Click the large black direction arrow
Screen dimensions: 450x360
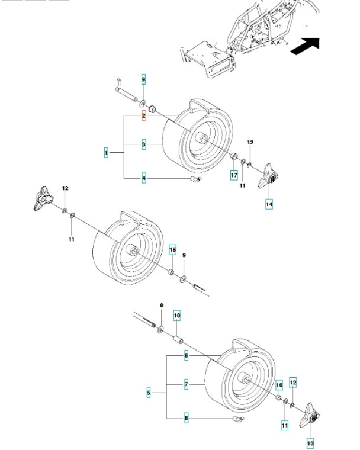pyautogui.click(x=306, y=46)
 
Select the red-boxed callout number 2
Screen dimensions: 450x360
pyautogui.click(x=143, y=116)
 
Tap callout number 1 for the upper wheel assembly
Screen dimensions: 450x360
pyautogui.click(x=106, y=153)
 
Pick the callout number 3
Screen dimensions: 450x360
pyautogui.click(x=143, y=144)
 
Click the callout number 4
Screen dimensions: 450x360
pyautogui.click(x=143, y=178)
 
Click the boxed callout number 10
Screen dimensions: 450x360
pyautogui.click(x=176, y=316)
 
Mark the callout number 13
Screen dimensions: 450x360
pyautogui.click(x=310, y=442)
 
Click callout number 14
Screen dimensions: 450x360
pyautogui.click(x=269, y=204)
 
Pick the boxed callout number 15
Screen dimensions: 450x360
pyautogui.click(x=172, y=250)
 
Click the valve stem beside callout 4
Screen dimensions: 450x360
pyautogui.click(x=195, y=178)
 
